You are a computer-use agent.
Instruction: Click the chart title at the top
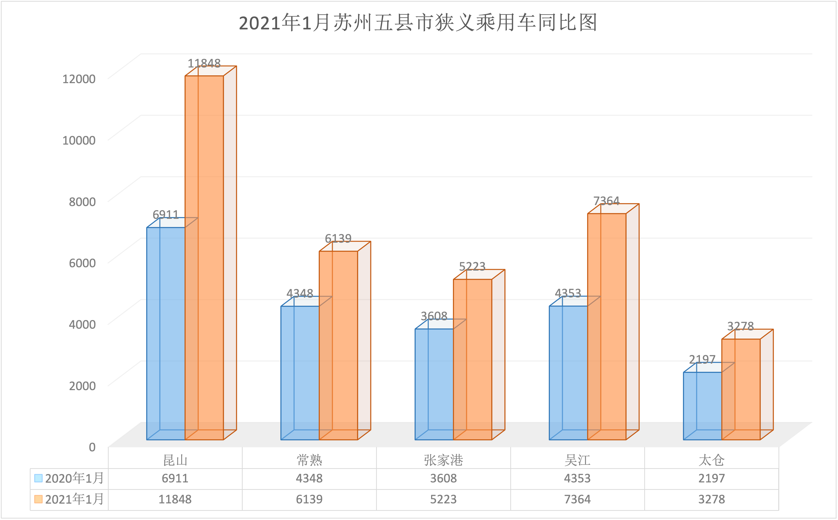[418, 23]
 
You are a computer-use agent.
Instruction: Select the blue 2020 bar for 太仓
[702, 406]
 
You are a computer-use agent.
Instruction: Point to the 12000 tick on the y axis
[79, 79]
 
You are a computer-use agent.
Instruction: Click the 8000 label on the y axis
[82, 201]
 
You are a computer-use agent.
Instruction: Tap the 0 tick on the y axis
[92, 447]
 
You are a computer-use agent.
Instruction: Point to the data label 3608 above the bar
[434, 316]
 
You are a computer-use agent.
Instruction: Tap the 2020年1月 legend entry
[69, 478]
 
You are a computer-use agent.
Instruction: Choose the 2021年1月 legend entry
[69, 499]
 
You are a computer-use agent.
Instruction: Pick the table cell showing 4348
[309, 478]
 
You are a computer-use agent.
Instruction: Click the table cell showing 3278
[712, 499]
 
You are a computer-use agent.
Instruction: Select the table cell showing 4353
[577, 478]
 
